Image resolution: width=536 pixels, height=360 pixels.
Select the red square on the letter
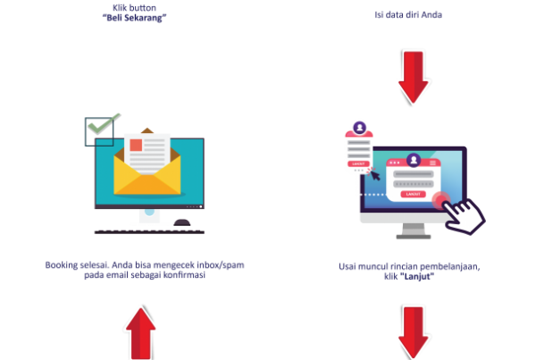[x=136, y=145]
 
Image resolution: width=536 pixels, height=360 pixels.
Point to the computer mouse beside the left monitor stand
[x=182, y=222]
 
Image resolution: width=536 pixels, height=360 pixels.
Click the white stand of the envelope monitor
[x=149, y=217]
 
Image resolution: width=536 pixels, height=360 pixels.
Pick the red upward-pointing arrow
[x=140, y=331]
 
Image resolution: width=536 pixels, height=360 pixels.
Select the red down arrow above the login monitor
[x=414, y=77]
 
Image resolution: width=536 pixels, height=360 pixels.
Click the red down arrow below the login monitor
[x=414, y=331]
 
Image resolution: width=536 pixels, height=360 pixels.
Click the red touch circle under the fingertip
[x=440, y=199]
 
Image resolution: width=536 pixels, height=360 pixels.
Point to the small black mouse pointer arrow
[x=374, y=174]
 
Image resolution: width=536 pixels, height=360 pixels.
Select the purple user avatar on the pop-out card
[x=359, y=127]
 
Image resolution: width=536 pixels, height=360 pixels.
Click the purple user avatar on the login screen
[x=413, y=160]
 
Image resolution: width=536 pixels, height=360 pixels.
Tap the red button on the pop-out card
[x=358, y=164]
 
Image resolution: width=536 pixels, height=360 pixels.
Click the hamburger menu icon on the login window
[x=433, y=163]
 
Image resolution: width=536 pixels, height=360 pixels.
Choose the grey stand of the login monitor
[x=413, y=230]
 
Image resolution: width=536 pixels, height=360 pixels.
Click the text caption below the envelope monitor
[x=145, y=270]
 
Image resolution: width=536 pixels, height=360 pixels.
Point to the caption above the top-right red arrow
[x=408, y=15]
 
